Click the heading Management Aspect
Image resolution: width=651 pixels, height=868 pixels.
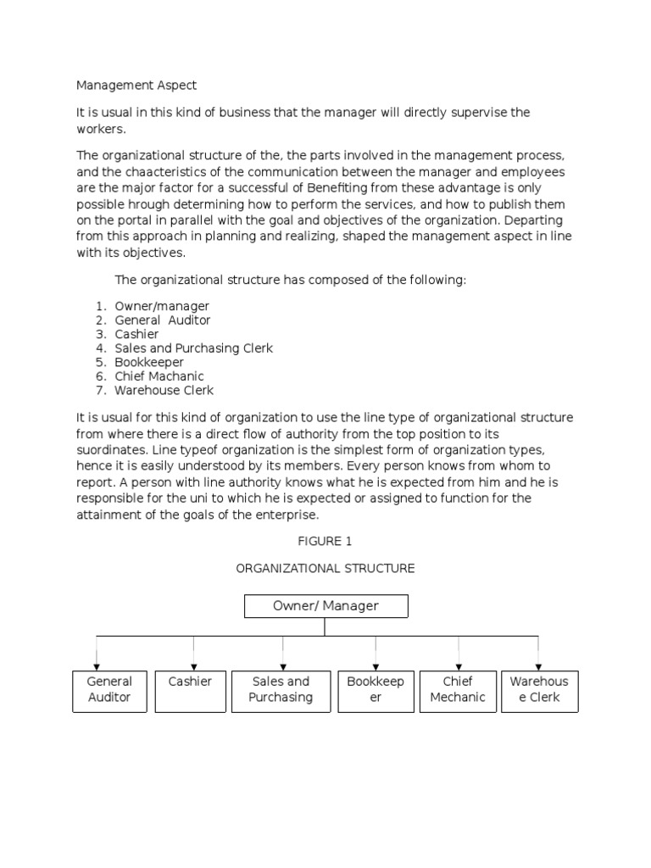click(136, 85)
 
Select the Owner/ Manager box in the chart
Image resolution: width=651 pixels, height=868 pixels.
click(325, 606)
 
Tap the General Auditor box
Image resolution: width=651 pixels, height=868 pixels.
click(110, 689)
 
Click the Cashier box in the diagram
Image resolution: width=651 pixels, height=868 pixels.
click(191, 689)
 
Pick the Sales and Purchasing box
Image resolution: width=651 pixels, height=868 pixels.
click(281, 689)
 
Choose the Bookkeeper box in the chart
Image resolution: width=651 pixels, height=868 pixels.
click(376, 689)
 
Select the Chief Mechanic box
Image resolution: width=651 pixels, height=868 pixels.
click(458, 689)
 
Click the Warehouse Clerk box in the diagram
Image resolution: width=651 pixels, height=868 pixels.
click(539, 689)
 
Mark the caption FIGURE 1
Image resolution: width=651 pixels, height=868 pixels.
click(325, 542)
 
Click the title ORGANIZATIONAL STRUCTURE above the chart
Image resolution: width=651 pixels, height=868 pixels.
click(325, 568)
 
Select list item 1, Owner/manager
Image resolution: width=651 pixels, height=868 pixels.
click(162, 306)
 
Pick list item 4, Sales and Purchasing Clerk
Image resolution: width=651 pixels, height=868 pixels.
click(193, 348)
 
